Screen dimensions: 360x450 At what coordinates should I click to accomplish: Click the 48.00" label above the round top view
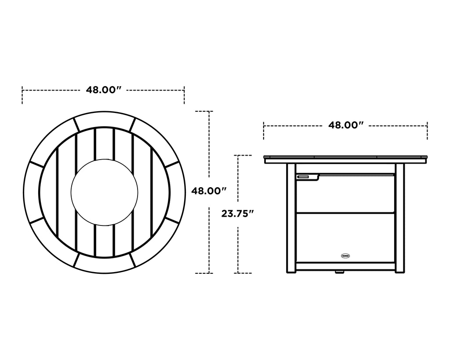coord(103,90)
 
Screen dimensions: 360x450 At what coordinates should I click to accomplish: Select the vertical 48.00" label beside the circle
coord(209,191)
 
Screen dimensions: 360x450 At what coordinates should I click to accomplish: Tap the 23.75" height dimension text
coord(238,214)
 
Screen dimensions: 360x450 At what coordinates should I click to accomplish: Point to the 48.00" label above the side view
coord(346,125)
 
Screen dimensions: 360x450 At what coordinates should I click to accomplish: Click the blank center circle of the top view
coord(104,192)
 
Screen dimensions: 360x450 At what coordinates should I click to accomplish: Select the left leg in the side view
coord(291,218)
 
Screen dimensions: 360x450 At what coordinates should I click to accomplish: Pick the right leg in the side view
coord(399,218)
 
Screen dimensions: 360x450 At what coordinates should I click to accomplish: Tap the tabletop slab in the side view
coord(346,159)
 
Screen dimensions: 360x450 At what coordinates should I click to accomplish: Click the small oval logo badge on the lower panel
coord(346,255)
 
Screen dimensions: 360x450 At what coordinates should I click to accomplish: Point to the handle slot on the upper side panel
coord(303,177)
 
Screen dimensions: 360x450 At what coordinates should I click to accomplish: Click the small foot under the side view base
coord(339,272)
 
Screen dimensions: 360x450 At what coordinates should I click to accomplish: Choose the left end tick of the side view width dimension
coord(264,131)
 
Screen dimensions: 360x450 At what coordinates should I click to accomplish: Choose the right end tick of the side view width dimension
coord(427,131)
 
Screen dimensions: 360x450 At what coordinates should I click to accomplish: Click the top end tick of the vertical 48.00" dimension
coord(204,111)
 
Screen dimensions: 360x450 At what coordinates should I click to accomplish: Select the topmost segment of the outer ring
coord(104,119)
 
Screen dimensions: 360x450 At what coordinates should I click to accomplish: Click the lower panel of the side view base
coord(346,237)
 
